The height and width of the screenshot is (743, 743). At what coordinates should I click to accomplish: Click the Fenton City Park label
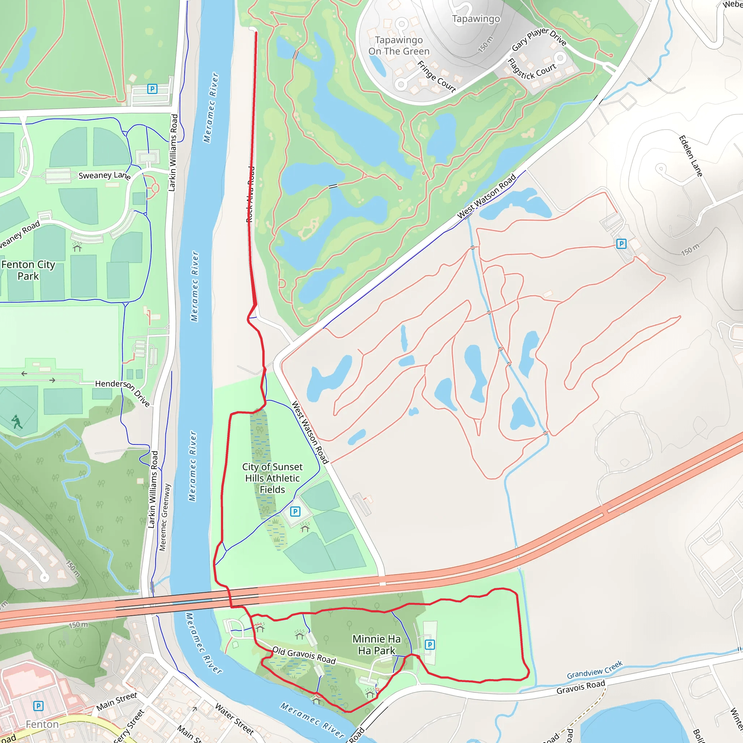pos(28,270)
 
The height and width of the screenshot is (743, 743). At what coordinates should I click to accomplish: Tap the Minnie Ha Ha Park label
pos(377,645)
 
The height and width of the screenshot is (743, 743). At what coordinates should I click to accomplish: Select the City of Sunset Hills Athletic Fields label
pos(272,478)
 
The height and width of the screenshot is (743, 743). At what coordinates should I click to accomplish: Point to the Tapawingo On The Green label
pos(399,46)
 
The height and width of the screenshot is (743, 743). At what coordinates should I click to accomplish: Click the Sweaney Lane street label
pos(104,176)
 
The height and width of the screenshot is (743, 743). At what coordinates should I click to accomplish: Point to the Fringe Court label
pos(436,77)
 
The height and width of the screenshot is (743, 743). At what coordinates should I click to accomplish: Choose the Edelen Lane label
pos(690,156)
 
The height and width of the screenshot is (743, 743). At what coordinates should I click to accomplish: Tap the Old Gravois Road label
pos(304,655)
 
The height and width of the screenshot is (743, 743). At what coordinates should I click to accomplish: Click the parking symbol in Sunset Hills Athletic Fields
pos(295,512)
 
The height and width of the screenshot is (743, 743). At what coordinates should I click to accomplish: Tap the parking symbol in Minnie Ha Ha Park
pos(430,645)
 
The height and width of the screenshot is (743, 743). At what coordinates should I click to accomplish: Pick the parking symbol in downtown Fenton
pos(38,706)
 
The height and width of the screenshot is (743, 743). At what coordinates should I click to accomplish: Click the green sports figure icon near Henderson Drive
pos(17,422)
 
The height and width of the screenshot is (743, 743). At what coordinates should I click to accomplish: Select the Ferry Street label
pos(128,726)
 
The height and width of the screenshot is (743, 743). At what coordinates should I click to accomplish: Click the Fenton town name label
pos(42,724)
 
